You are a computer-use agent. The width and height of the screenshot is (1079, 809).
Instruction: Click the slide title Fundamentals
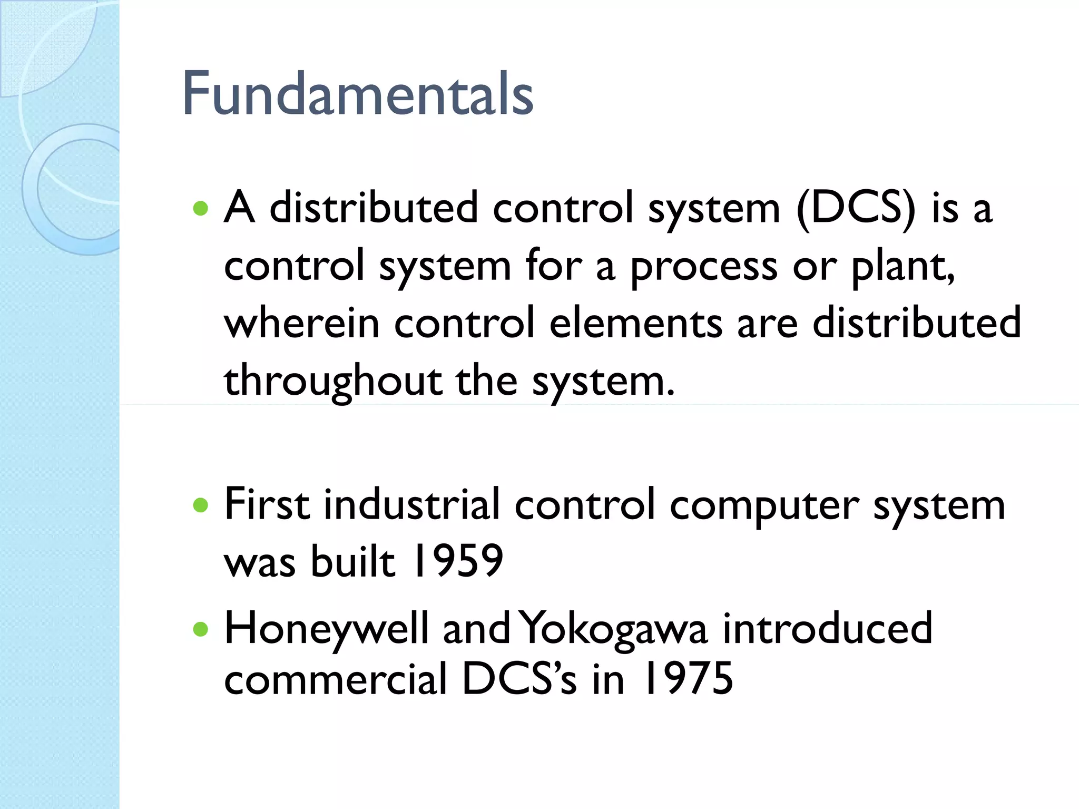(x=357, y=94)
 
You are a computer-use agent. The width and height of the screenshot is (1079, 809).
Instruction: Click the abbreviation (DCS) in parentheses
(x=856, y=208)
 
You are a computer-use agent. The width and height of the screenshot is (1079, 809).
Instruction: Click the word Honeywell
(x=326, y=628)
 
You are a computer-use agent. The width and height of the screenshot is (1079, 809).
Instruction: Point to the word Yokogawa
(x=614, y=628)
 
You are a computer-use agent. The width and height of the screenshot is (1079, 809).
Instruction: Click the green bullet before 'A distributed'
(x=200, y=209)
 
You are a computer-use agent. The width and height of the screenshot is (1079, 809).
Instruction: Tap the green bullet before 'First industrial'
(x=200, y=506)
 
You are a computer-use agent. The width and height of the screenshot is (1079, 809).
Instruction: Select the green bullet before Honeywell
(x=200, y=629)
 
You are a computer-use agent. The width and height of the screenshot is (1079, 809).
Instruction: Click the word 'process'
(x=704, y=267)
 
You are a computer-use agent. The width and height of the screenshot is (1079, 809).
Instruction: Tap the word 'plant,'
(x=903, y=266)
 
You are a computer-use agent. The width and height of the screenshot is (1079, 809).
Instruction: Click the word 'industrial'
(x=411, y=505)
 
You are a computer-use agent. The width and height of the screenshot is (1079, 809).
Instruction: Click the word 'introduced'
(x=827, y=628)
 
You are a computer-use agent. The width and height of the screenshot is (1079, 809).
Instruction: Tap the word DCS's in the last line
(x=519, y=679)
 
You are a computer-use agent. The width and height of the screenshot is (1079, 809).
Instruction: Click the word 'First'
(x=267, y=505)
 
